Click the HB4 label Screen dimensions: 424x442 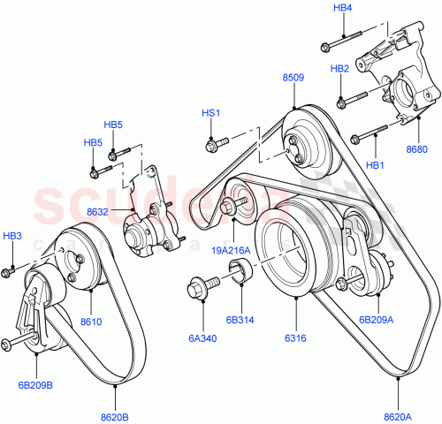click(x=342, y=8)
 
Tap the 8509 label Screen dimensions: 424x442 click(x=293, y=78)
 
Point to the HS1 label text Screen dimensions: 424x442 click(x=210, y=113)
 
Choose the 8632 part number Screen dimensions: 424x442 click(x=99, y=211)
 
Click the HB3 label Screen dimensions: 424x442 click(x=11, y=236)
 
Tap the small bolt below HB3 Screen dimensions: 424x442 click(x=9, y=269)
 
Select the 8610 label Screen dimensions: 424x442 click(x=91, y=322)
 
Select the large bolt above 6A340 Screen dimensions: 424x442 click(x=200, y=287)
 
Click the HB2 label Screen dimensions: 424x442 click(x=339, y=68)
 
